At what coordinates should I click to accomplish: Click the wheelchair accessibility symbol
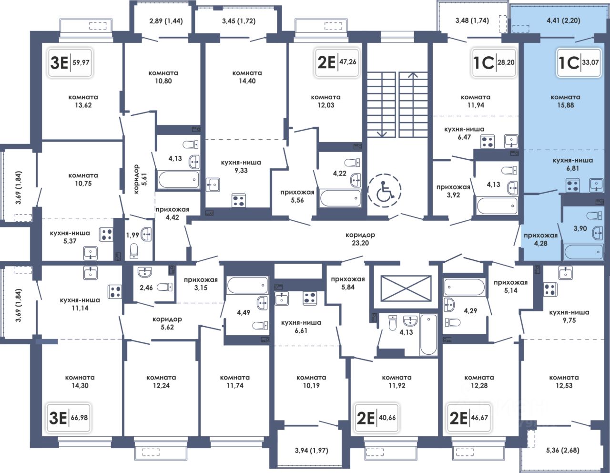385,190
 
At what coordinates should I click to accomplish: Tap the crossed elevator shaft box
406,288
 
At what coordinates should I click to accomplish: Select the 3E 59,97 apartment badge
70,62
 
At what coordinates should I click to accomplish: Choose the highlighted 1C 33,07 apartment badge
579,62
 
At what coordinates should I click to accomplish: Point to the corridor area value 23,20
360,243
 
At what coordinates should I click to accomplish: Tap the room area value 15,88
565,105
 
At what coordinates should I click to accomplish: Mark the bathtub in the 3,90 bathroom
583,252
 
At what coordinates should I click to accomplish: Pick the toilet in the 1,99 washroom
134,251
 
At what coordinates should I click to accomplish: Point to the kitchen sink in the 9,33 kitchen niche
213,185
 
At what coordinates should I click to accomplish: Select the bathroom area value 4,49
244,312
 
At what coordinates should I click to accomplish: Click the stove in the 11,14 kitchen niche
115,291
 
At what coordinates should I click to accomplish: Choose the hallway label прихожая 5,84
348,283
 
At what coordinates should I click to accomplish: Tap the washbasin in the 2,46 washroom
145,272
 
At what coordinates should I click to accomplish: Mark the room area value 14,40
247,81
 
